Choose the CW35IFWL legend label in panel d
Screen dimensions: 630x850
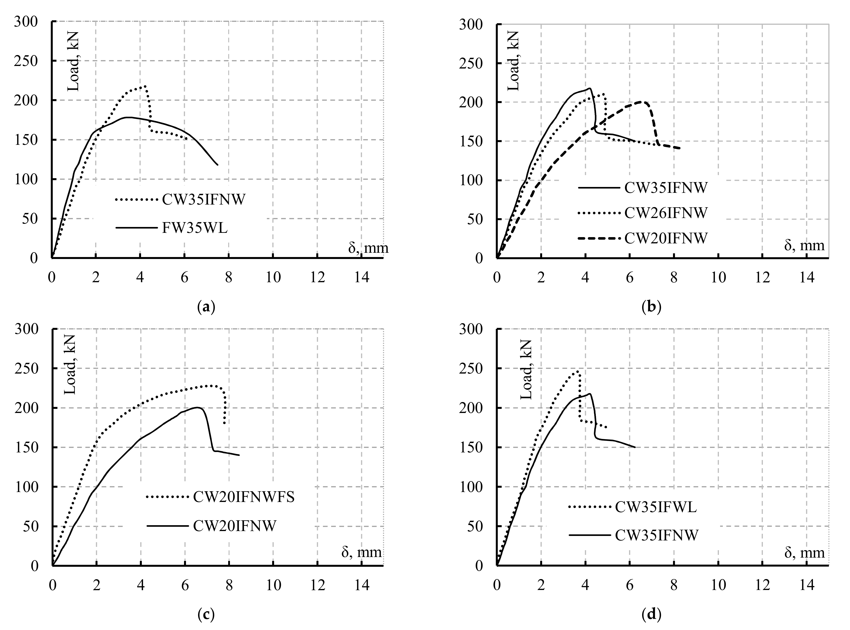pos(656,507)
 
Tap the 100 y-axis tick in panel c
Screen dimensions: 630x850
pos(27,487)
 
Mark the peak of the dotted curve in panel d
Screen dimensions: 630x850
pos(577,371)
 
